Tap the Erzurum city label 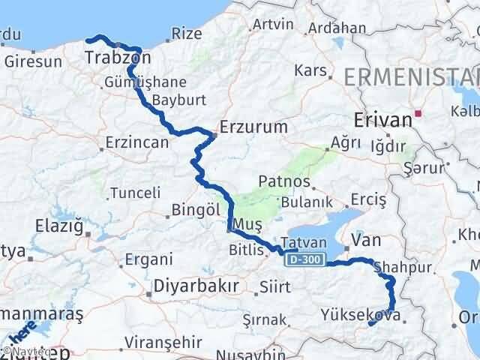(253, 127)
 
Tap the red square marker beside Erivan (419, 115)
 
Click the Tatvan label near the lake (304, 243)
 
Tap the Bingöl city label (195, 209)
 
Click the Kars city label (312, 71)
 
